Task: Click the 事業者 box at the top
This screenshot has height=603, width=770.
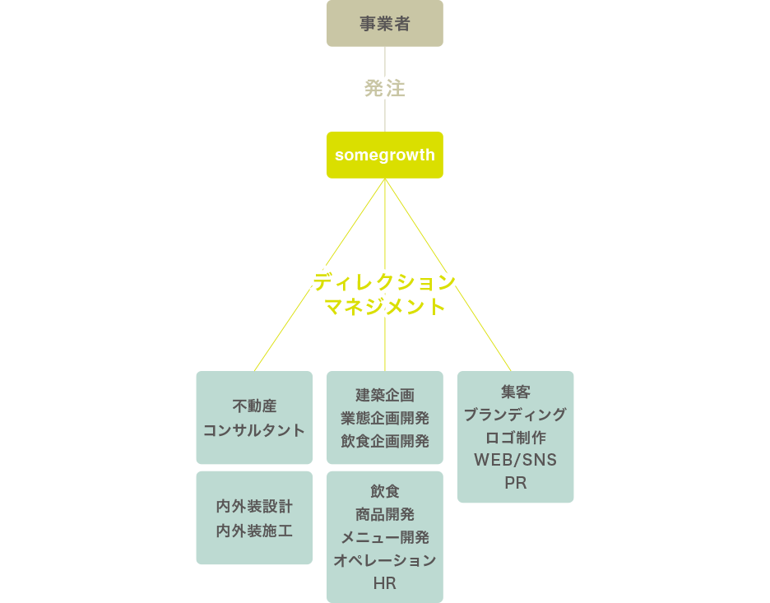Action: [x=385, y=23]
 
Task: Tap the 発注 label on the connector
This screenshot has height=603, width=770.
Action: [x=385, y=89]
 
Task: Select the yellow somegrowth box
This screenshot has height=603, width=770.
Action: [x=385, y=155]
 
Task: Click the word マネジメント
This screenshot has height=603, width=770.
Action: [x=385, y=308]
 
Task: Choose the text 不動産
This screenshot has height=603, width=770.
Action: [x=254, y=406]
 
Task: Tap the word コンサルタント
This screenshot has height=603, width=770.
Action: [x=254, y=429]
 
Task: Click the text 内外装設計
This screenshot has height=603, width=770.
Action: [x=254, y=506]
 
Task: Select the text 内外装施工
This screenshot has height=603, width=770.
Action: [x=254, y=531]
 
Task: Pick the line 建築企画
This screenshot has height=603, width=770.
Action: [x=385, y=396]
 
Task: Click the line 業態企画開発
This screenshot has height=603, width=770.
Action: [x=385, y=418]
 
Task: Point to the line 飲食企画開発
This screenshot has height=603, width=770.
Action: [x=385, y=441]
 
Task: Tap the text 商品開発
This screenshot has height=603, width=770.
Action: [x=385, y=515]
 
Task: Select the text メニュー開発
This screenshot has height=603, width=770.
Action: [x=385, y=538]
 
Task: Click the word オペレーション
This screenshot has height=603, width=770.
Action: [x=385, y=561]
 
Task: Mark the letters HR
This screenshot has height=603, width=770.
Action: [x=385, y=583]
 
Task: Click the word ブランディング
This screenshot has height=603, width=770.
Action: [x=516, y=414]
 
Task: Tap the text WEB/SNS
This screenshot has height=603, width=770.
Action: [x=516, y=460]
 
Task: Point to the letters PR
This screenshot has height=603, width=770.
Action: [x=516, y=483]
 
